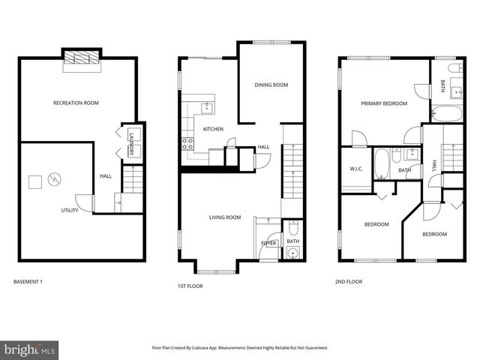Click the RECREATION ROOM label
point(75,103)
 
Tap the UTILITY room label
point(70,211)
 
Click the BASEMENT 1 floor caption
point(28,282)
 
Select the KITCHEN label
point(213,129)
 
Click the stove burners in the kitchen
point(187,142)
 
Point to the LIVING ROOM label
point(224,217)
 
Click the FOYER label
point(268,244)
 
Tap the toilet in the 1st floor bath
point(292,226)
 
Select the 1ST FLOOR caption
point(190,286)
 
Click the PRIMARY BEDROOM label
point(383,103)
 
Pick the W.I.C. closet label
point(355,169)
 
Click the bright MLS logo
point(30,349)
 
